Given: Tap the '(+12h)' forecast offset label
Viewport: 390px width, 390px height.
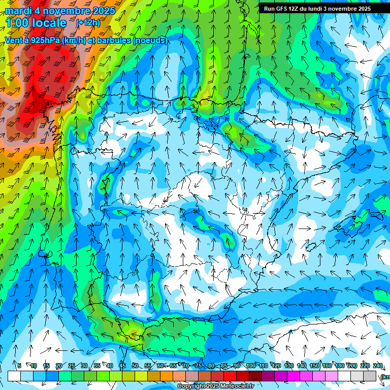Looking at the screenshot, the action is click(x=88, y=23).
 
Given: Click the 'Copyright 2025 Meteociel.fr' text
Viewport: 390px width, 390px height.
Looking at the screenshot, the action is click(x=215, y=386).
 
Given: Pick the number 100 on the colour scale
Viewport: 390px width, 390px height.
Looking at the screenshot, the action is click(x=251, y=366).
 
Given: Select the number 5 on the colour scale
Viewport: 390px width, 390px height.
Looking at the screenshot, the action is click(x=19, y=366).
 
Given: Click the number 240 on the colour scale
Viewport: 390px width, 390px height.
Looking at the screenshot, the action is click(x=378, y=366).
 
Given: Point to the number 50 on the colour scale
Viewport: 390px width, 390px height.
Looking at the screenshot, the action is click(x=135, y=366).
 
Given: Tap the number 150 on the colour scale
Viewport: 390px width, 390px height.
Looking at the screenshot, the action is click(x=314, y=366).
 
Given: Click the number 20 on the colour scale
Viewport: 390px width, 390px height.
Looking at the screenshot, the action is click(x=58, y=366).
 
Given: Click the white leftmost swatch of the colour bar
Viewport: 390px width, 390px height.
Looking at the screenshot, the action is click(x=14, y=376).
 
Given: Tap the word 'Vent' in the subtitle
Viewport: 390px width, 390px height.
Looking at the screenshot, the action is click(x=14, y=40).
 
